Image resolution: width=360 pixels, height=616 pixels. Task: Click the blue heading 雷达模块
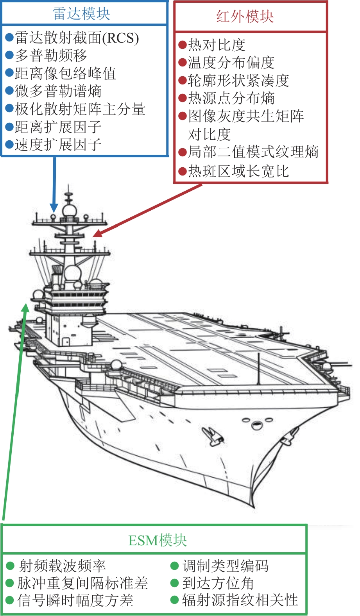click(81, 14)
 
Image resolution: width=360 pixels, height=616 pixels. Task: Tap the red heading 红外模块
click(245, 16)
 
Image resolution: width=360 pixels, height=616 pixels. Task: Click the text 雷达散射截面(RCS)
click(77, 38)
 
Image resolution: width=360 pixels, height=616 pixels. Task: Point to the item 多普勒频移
click(51, 55)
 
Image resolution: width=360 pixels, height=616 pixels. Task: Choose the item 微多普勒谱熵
click(58, 91)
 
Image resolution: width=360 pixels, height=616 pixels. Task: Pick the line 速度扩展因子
click(58, 145)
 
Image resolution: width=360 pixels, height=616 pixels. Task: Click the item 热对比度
click(217, 45)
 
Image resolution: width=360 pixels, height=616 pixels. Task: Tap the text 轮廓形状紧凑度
click(238, 80)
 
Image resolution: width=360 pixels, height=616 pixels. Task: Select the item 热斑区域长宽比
click(238, 171)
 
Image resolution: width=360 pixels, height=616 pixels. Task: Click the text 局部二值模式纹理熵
click(253, 152)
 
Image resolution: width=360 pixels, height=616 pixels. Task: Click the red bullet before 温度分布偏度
click(182, 63)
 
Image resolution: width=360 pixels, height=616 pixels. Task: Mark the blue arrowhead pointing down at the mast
click(54, 208)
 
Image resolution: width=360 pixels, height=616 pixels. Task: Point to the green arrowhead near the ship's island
click(25, 307)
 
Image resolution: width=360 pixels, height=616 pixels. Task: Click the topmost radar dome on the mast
click(69, 211)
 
